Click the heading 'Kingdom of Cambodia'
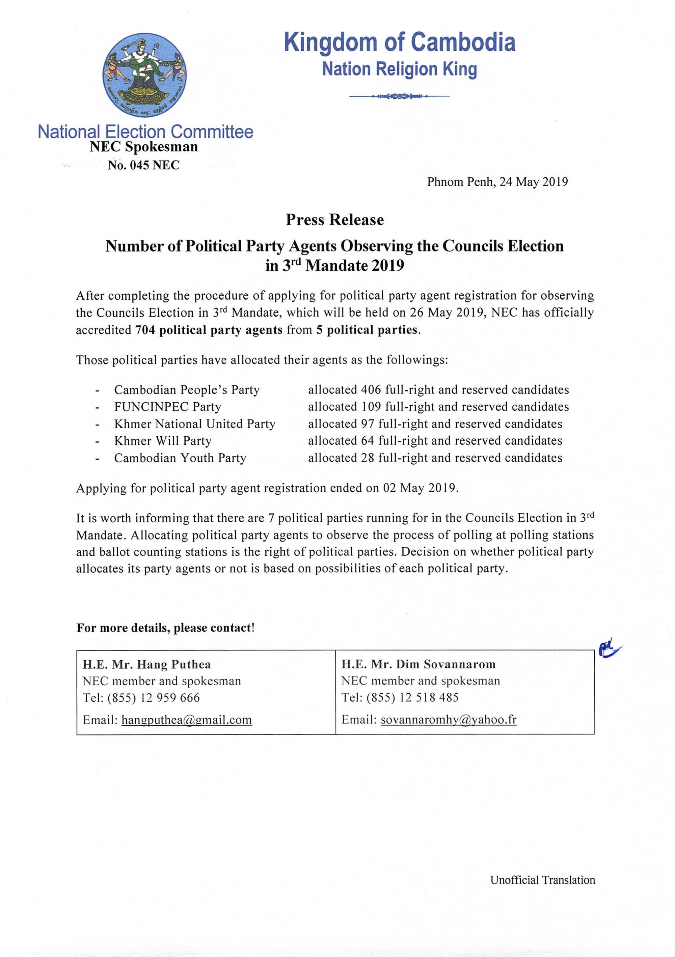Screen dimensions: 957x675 [399, 43]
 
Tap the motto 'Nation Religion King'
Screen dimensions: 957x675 [399, 69]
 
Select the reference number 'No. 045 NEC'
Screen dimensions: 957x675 [143, 166]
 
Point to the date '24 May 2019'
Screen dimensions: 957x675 [534, 182]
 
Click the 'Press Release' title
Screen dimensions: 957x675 [334, 220]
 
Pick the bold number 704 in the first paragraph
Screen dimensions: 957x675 [145, 330]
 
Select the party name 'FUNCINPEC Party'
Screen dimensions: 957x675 [168, 407]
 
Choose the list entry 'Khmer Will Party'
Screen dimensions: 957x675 [163, 441]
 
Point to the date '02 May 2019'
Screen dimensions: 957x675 [418, 488]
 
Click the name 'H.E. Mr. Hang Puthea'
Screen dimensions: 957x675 [147, 664]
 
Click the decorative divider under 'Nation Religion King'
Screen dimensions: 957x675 [399, 97]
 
